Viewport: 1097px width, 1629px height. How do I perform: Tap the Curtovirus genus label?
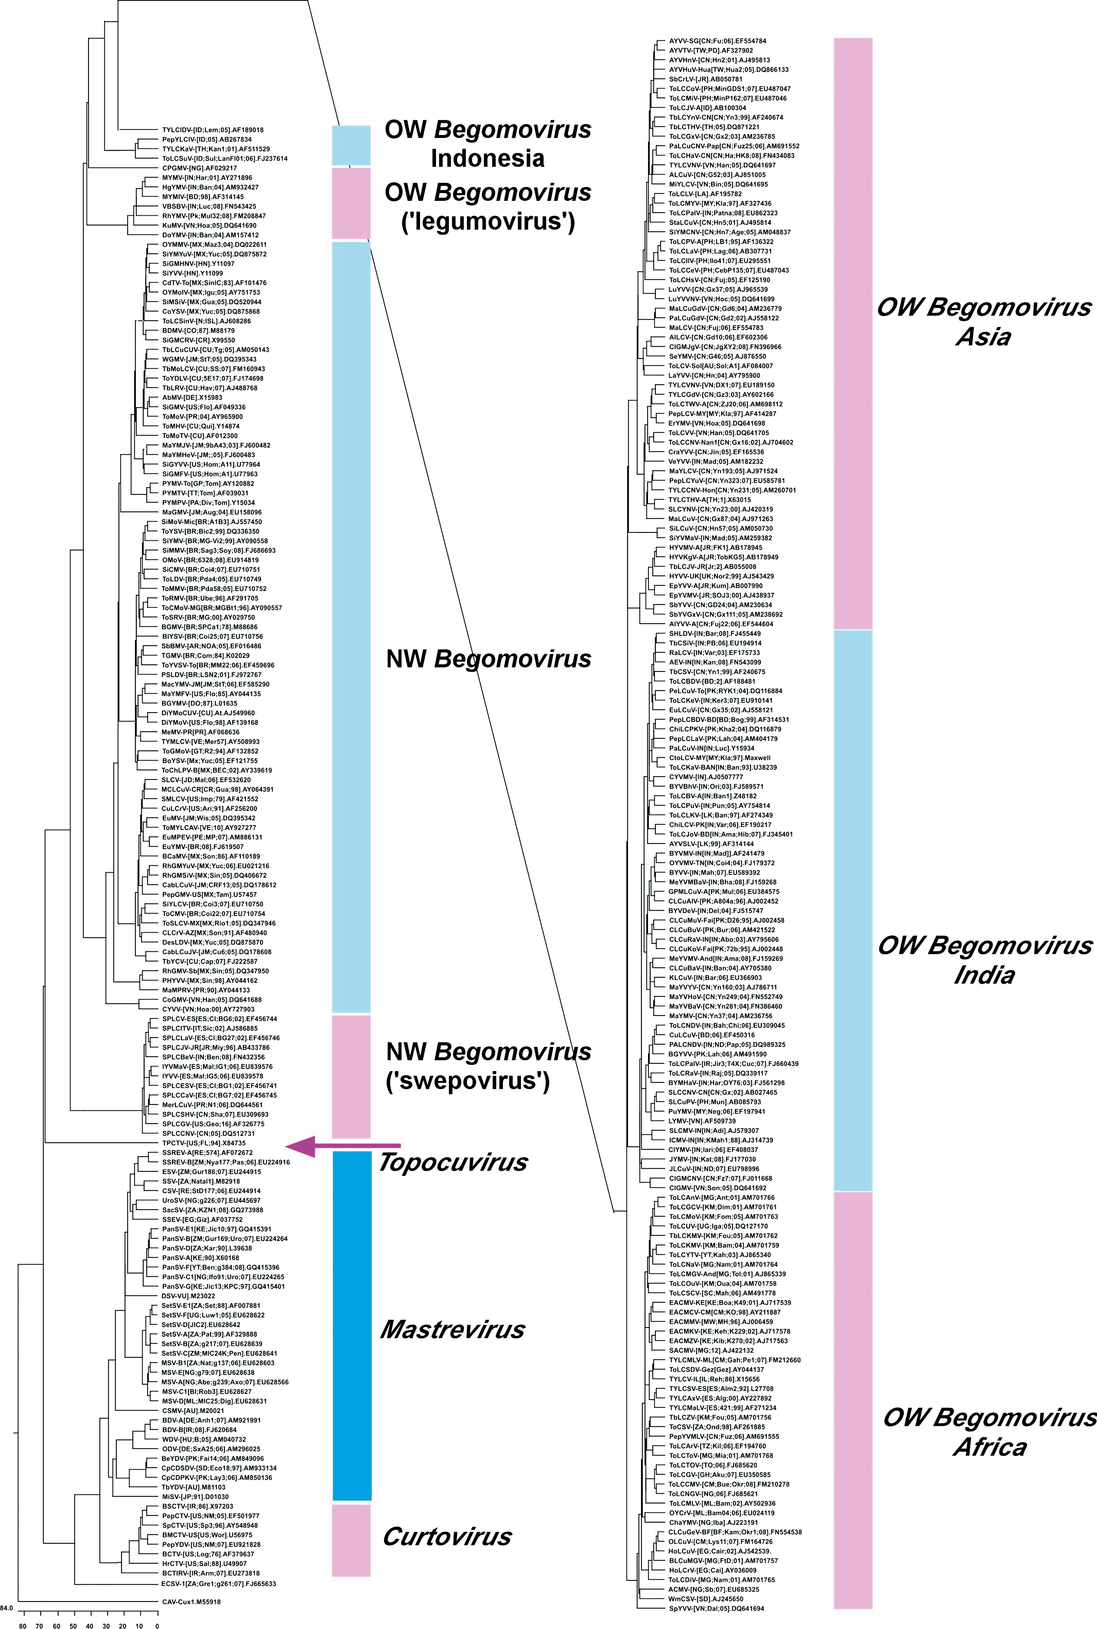pyautogui.click(x=447, y=1537)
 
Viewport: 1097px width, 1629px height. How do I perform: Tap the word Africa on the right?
pyautogui.click(x=990, y=1447)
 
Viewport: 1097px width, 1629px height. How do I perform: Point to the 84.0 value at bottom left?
pyautogui.click(x=6, y=1608)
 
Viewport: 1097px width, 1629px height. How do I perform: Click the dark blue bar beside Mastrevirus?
pyautogui.click(x=351, y=1330)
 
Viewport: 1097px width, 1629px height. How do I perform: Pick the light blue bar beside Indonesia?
pyautogui.click(x=351, y=145)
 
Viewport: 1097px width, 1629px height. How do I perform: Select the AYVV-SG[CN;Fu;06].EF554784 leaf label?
pyautogui.click(x=717, y=41)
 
